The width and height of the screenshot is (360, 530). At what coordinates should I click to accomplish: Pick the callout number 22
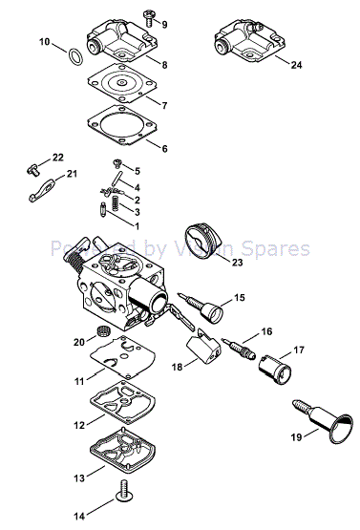tap(31, 158)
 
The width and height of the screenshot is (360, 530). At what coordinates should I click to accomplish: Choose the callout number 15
tap(240, 298)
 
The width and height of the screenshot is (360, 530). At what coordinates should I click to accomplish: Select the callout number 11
tap(79, 379)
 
